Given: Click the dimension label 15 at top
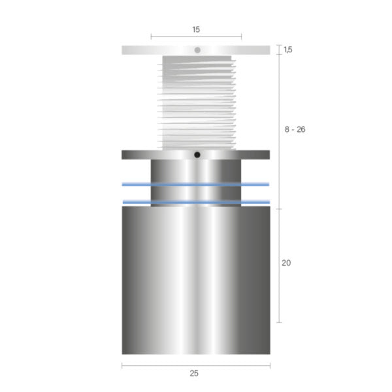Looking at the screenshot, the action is point(196,29).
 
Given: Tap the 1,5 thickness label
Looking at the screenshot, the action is point(288,50).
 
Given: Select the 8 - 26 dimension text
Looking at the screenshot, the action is point(295,129).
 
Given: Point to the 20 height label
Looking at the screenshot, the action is point(286,263).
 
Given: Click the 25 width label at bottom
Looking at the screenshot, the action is point(194,373).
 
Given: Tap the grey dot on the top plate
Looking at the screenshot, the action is point(197,50).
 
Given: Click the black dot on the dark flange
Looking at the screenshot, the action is point(197,155).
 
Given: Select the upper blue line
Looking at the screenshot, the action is point(195,184).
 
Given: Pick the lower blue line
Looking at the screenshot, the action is point(196,202).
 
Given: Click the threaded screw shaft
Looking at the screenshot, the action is point(197,103).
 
